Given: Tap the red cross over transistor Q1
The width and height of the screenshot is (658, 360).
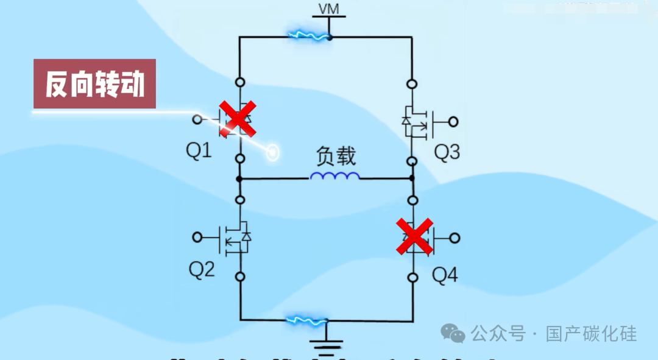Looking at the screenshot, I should (x=237, y=118).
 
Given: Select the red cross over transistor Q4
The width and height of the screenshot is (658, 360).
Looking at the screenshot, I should (x=415, y=237).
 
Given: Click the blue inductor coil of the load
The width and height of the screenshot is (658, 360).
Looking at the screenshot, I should (x=334, y=176).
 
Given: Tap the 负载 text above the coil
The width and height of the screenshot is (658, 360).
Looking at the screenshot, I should (x=335, y=157).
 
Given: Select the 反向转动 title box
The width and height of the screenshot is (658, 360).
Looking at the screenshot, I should (x=94, y=84).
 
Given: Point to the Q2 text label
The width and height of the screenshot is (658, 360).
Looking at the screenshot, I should (x=201, y=270).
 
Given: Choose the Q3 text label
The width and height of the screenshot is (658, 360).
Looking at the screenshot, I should (x=447, y=152).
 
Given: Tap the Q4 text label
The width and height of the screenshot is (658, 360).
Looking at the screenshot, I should (x=445, y=276).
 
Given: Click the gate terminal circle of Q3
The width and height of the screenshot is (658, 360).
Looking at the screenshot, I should (x=453, y=122).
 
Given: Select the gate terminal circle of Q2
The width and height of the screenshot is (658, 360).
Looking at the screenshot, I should (x=197, y=237).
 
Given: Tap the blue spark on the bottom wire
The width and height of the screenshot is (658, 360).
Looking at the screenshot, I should (x=309, y=319).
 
